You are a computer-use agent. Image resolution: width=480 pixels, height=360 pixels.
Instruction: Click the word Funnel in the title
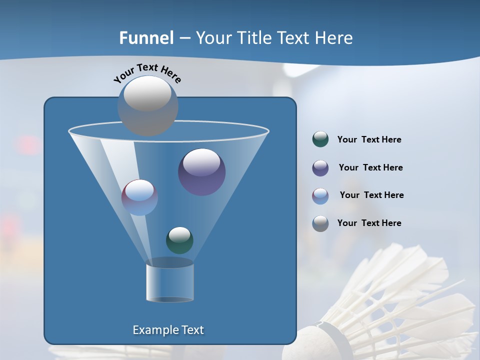tap(146, 38)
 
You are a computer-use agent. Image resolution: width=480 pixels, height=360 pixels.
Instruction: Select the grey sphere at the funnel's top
tap(147, 105)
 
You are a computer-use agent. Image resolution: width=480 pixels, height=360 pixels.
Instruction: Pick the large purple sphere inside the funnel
tap(201, 172)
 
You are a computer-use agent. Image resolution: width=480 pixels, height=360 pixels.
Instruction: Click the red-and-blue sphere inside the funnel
tap(139, 197)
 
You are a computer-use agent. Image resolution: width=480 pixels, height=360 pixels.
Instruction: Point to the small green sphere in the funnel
tap(179, 240)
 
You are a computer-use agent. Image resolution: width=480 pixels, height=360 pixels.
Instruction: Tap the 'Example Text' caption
tap(168, 330)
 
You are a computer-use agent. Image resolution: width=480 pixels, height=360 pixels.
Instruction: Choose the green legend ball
tap(320, 139)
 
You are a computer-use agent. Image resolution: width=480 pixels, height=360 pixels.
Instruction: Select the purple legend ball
tap(320, 168)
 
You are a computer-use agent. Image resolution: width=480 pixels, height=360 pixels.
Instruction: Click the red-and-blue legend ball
tap(320, 196)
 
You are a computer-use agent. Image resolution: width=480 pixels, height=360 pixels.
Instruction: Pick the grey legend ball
tap(320, 223)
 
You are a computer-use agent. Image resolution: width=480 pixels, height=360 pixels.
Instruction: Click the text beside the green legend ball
tap(369, 140)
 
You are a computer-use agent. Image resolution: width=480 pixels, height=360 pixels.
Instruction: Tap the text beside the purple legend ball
tap(370, 168)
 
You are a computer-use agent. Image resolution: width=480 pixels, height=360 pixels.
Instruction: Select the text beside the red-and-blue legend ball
tap(371, 195)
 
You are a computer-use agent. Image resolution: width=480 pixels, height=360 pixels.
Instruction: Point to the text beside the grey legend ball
tap(369, 223)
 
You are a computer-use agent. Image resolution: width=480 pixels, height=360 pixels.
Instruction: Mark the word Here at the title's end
tap(334, 38)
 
